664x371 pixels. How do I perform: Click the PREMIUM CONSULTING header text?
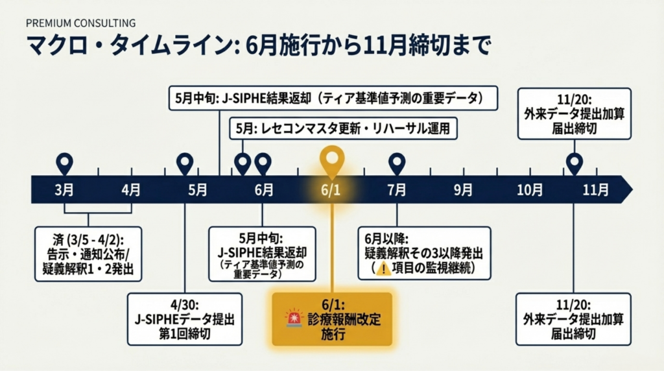(x=81, y=23)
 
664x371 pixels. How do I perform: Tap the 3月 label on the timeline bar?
(x=64, y=189)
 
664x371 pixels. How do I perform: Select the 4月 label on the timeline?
(x=131, y=189)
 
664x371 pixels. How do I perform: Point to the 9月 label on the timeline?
(x=463, y=189)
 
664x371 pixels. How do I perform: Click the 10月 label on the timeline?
(x=529, y=189)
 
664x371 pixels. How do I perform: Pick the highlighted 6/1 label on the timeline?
(x=331, y=189)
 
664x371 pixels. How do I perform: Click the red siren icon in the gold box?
(x=294, y=318)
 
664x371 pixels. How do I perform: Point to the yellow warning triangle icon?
(x=383, y=269)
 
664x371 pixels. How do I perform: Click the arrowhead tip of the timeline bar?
(x=633, y=189)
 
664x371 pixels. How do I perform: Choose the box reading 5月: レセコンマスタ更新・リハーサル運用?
(x=344, y=128)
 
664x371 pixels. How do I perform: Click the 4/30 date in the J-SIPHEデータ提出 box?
(x=185, y=305)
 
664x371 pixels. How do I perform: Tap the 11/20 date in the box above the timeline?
(x=575, y=100)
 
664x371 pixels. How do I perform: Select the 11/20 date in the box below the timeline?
(x=573, y=305)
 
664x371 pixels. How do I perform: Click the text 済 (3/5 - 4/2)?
(x=88, y=240)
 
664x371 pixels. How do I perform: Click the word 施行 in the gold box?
(x=333, y=334)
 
